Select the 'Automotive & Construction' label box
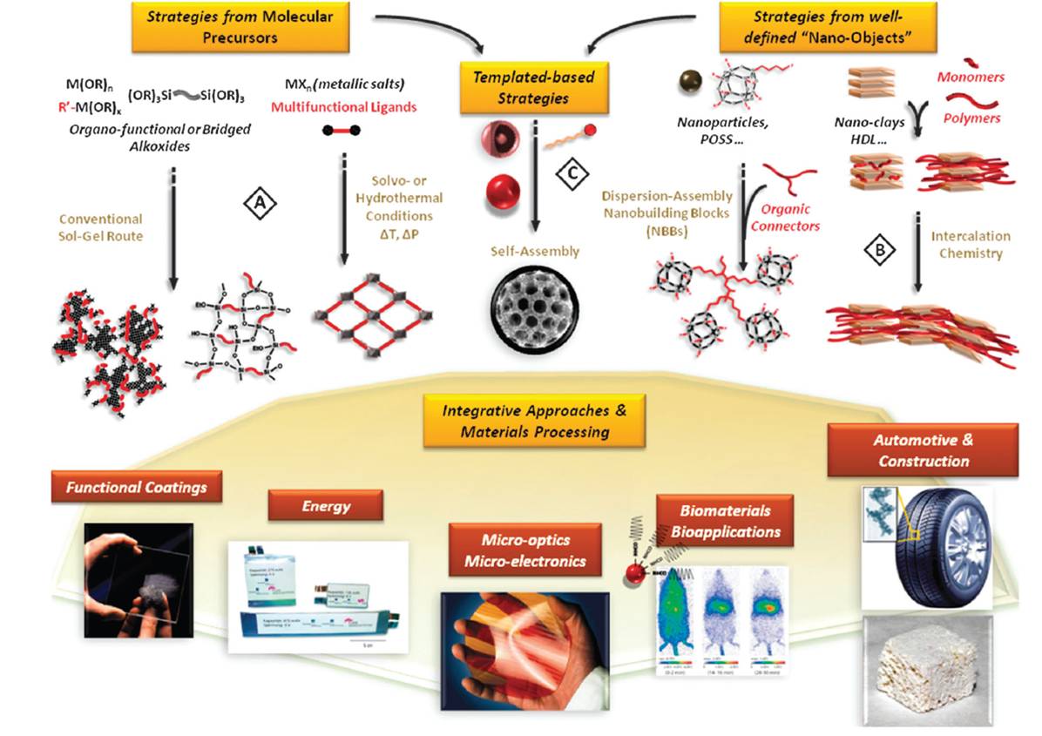(x=923, y=449)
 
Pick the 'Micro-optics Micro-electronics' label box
(x=524, y=550)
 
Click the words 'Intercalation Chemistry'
(x=971, y=245)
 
